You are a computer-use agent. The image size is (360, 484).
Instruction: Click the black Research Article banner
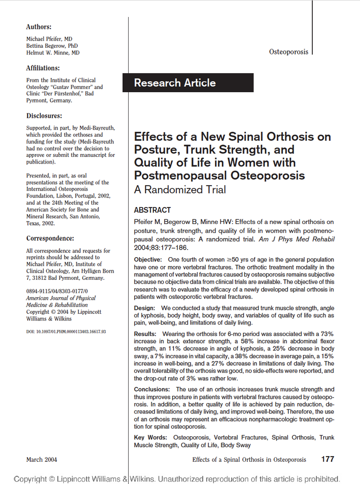188,83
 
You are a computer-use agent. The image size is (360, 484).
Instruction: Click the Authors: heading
39,27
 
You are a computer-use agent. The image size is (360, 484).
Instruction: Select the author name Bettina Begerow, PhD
52,46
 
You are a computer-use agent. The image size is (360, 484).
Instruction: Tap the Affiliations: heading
43,68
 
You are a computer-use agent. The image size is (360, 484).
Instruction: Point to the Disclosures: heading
44,116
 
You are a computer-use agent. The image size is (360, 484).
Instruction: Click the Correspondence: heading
50,239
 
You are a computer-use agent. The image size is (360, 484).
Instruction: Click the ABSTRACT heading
152,210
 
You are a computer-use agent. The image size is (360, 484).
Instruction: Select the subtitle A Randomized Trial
180,190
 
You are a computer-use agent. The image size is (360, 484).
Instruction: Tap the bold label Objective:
148,259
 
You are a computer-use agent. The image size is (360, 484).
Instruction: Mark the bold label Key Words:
150,438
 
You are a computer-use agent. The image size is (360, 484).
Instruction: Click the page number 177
327,459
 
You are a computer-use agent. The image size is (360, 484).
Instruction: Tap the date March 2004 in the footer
42,459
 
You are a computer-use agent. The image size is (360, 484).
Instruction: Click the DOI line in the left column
66,332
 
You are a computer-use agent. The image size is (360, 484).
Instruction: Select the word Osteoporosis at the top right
289,52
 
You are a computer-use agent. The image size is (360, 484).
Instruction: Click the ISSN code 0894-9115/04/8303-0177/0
57,291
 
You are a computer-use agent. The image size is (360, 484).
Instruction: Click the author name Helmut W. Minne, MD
53,53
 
